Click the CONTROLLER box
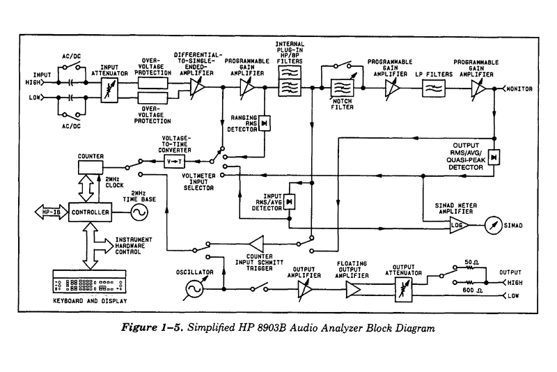[91, 212]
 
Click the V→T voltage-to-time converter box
[173, 162]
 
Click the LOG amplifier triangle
[457, 226]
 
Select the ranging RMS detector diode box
[265, 123]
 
